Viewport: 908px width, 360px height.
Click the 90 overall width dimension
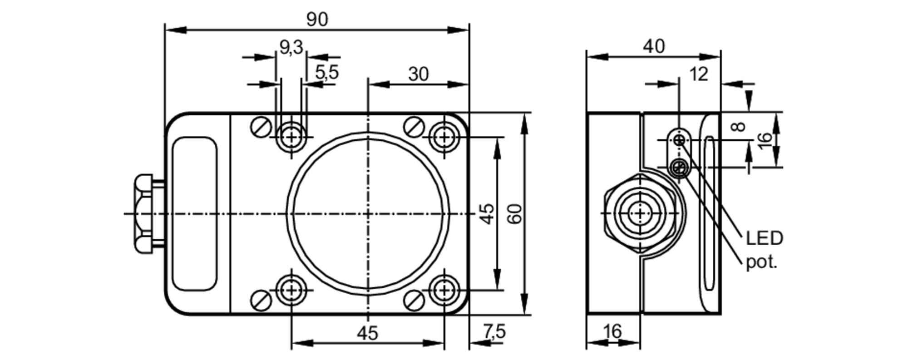click(x=317, y=20)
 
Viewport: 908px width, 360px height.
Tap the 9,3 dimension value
click(x=291, y=47)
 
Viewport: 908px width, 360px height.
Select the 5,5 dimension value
click(x=327, y=73)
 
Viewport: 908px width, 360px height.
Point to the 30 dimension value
click(x=418, y=74)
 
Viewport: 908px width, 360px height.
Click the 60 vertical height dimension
click(x=515, y=214)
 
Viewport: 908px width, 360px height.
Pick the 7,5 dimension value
click(x=494, y=332)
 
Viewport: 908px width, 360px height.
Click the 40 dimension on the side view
click(x=654, y=46)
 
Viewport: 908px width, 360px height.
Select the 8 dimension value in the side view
click(x=740, y=126)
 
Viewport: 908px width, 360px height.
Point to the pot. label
click(x=762, y=262)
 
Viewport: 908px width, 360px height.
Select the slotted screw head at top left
click(x=261, y=127)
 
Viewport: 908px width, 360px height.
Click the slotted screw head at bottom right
click(x=414, y=300)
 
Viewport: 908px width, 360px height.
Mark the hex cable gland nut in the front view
click(x=143, y=214)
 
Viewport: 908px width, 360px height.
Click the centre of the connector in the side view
click(x=640, y=213)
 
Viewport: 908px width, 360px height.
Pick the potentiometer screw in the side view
click(x=680, y=168)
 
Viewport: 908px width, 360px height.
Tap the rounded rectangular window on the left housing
click(x=194, y=213)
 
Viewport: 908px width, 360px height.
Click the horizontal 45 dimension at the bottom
click(x=367, y=334)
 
